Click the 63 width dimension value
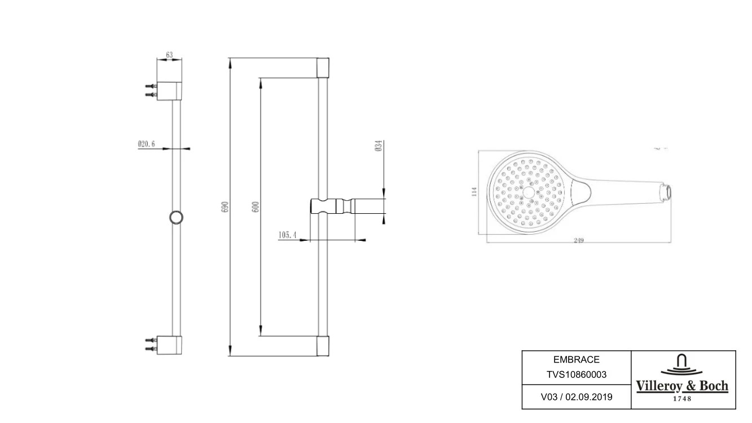169,55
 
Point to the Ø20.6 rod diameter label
147,144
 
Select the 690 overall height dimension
226,206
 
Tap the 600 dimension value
256,206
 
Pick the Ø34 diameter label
379,146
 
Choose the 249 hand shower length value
578,240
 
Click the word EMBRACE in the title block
576,360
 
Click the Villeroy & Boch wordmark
683,386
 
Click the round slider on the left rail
177,218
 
